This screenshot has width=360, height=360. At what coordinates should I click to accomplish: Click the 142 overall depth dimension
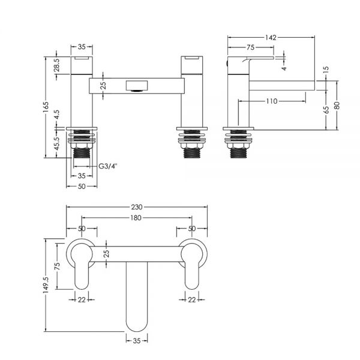click(271, 37)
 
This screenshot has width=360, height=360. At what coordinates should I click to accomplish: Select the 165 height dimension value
click(46, 107)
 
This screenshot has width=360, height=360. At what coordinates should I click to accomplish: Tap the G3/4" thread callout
click(107, 166)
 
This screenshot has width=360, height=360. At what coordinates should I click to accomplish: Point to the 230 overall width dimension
click(137, 207)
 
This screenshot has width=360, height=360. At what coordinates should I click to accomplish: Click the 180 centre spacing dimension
click(136, 218)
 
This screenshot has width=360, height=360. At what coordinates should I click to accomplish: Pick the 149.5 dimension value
click(46, 284)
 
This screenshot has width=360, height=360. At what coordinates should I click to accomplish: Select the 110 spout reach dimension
click(272, 101)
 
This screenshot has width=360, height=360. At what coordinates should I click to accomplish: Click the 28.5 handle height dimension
click(57, 65)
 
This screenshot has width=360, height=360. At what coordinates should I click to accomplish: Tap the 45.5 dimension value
click(57, 143)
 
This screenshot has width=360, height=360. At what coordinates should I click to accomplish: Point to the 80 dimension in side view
click(337, 106)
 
